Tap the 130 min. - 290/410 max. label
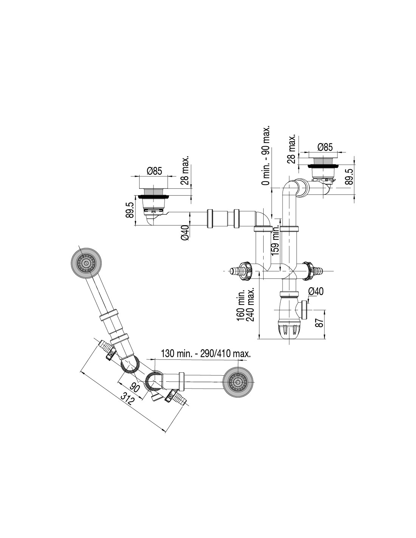pos(206,354)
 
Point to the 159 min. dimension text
pos(276,241)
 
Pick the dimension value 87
pos(320,323)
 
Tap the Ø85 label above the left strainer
pos(154,171)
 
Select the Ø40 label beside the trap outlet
pos(316,291)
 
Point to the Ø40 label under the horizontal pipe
pos(185,232)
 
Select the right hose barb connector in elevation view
pos(314,270)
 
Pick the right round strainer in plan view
pos(238,383)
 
